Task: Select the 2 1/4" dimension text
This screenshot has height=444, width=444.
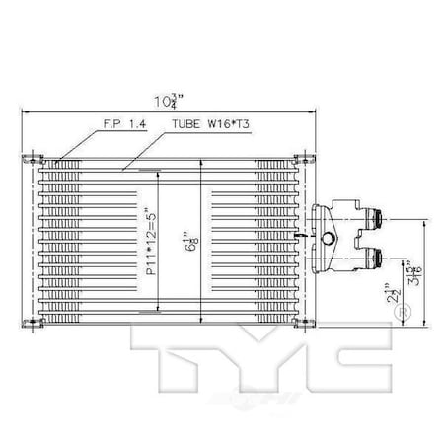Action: click(x=395, y=293)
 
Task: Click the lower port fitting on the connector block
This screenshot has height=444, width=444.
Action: click(x=375, y=259)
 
